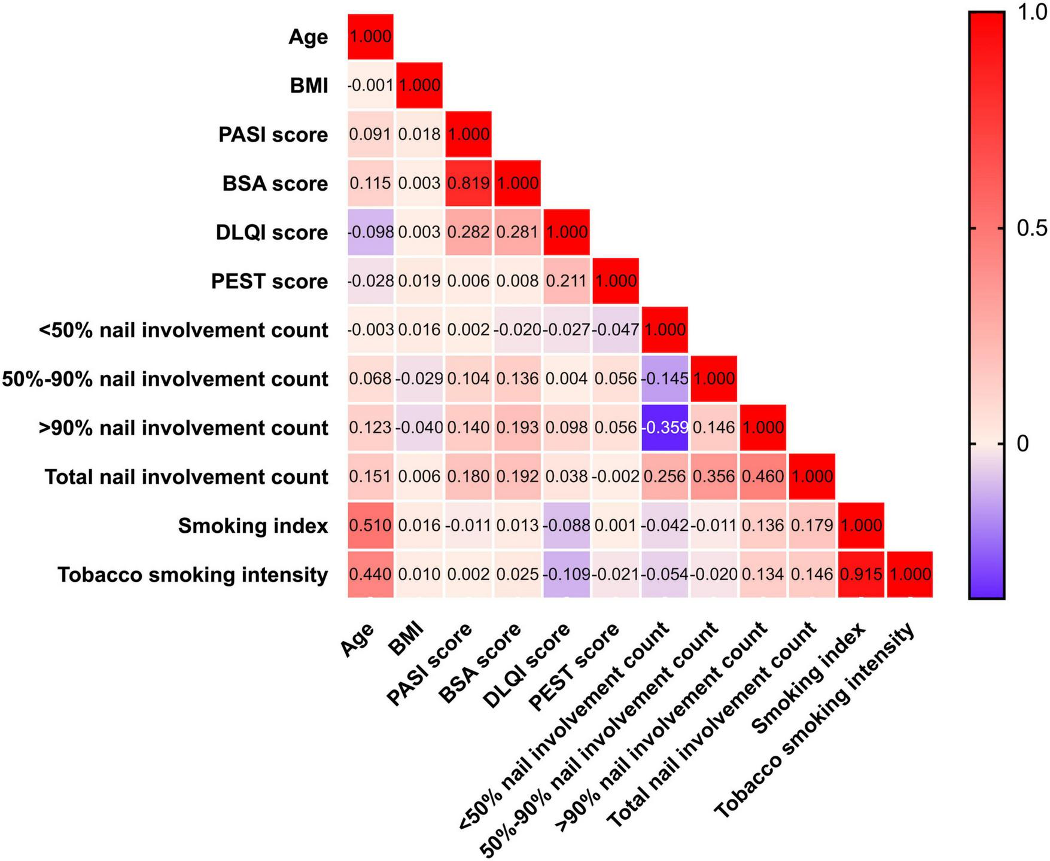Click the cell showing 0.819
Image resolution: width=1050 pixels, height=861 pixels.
coord(468,183)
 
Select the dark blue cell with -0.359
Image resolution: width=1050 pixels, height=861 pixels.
coord(665,428)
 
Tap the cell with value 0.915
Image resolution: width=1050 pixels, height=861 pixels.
coord(861,575)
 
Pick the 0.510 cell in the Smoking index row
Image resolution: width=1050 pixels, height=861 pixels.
coord(370,526)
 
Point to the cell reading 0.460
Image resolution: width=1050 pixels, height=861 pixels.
coord(763,477)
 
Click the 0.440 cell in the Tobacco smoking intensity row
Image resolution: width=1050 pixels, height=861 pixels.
coord(370,575)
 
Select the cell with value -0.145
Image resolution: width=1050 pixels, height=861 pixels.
coord(665,379)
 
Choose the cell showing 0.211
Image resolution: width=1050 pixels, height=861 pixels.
coord(567,281)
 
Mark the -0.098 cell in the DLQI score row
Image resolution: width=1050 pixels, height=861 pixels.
coord(370,232)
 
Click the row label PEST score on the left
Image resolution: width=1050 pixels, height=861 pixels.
coord(269,281)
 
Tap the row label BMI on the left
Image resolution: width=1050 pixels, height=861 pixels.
coord(309,86)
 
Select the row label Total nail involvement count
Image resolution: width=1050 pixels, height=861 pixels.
coord(186,477)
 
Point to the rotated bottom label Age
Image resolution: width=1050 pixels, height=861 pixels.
coord(358,640)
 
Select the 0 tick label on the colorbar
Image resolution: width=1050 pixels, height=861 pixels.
coord(1022,444)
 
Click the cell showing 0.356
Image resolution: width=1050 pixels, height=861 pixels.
coord(714,477)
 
